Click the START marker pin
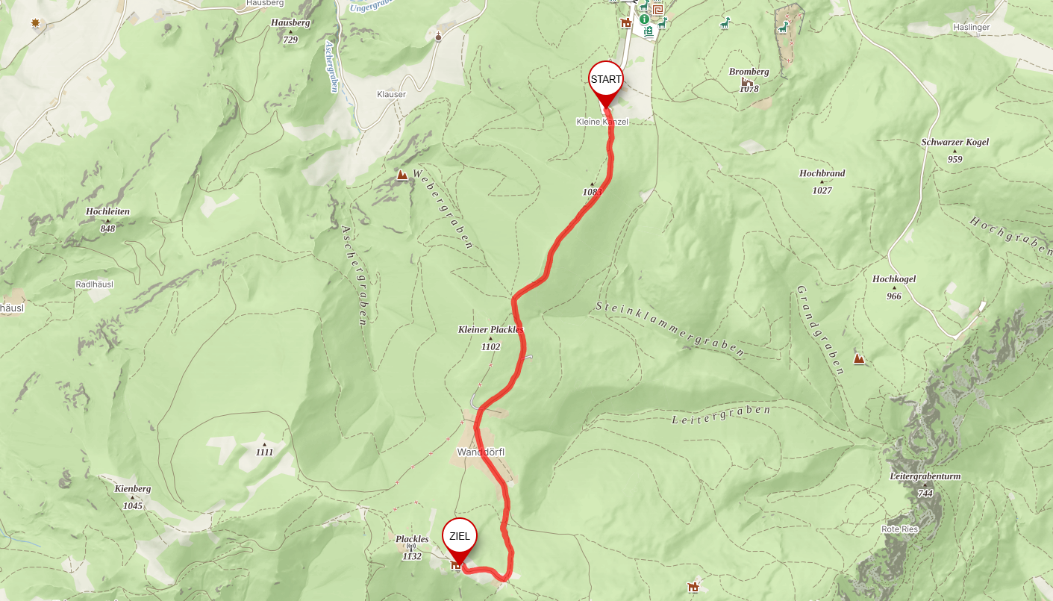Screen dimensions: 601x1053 click(x=606, y=80)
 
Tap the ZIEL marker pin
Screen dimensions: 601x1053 click(x=459, y=537)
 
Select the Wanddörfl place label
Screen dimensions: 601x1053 click(x=481, y=452)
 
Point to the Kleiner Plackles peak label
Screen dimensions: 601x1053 click(x=490, y=329)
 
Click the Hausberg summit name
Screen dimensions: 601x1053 click(x=290, y=22)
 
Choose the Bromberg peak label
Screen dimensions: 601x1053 click(x=749, y=72)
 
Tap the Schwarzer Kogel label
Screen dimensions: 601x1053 click(x=954, y=142)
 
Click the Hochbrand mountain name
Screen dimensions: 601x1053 click(x=822, y=173)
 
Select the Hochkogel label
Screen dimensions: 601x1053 click(x=893, y=279)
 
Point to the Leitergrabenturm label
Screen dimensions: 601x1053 click(x=925, y=476)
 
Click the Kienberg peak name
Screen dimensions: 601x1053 click(x=133, y=489)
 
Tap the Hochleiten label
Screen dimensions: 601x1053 click(x=107, y=211)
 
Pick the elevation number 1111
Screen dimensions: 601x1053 click(x=264, y=452)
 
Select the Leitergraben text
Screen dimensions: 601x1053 click(x=720, y=415)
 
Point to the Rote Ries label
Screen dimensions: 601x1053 click(x=899, y=529)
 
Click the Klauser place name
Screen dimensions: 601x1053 click(x=391, y=95)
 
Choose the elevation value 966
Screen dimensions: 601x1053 click(x=894, y=296)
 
